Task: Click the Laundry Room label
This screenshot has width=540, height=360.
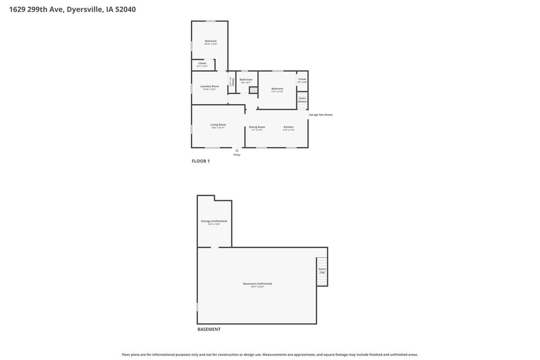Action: pos(209,86)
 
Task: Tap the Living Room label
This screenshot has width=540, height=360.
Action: pos(218,125)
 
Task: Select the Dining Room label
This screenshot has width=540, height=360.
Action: pos(257,127)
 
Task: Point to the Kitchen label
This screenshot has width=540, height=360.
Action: pos(288,127)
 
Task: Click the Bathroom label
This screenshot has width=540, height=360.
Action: pos(246,80)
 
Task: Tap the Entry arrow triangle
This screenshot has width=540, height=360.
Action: pos(237,150)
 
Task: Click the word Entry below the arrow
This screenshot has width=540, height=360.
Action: pos(237,155)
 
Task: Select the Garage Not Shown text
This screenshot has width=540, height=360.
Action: pos(321,114)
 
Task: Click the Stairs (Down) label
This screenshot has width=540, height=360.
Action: pos(302,100)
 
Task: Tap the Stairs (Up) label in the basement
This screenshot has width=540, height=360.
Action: pos(322,270)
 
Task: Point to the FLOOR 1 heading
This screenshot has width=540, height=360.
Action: pos(200,161)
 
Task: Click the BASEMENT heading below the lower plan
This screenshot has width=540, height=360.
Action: pos(209,329)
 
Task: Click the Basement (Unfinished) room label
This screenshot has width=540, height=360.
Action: pos(257,284)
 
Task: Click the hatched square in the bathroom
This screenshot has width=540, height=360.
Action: pos(253,90)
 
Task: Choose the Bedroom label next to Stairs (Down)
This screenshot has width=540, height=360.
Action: pos(277,89)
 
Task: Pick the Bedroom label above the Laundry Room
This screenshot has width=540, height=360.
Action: pos(210,41)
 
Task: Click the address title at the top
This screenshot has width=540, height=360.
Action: pos(72,9)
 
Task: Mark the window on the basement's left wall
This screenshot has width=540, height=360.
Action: pos(197,306)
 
